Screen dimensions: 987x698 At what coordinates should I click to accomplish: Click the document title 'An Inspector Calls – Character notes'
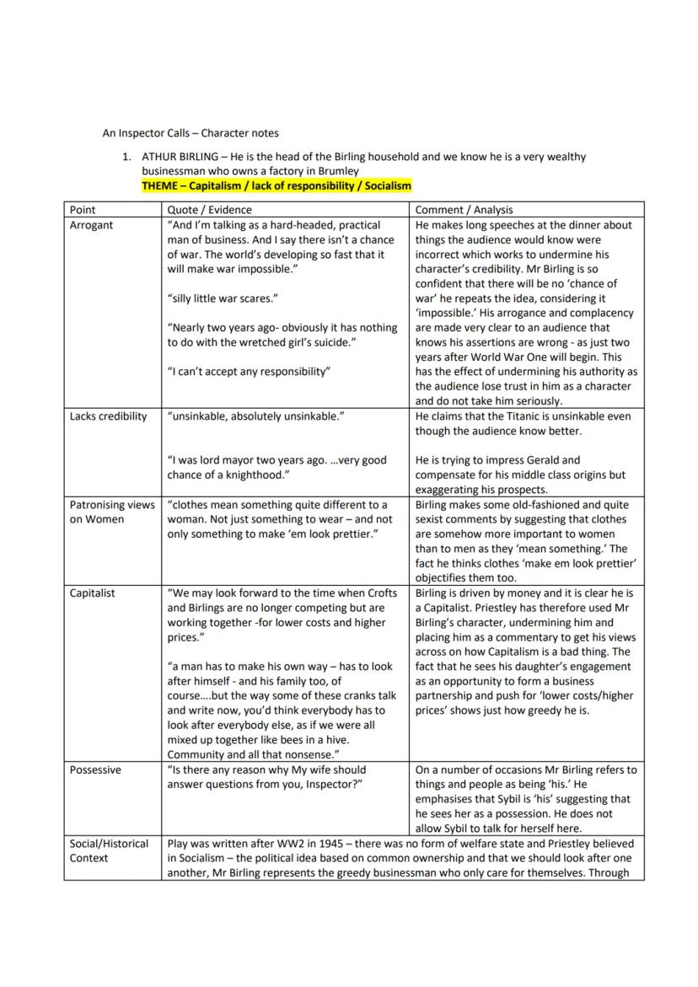pos(191,132)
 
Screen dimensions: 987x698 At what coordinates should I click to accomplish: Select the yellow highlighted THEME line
pos(277,185)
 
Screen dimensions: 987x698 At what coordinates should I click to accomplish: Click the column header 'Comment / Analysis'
pos(464,210)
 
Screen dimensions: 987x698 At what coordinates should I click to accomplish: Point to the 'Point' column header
pos(83,210)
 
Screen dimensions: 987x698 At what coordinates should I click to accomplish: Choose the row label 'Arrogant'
pos(91,225)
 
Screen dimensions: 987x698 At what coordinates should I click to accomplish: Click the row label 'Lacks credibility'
pos(108,416)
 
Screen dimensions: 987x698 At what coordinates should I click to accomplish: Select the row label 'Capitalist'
pos(93,593)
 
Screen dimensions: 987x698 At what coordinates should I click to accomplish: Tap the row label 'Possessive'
pos(95,770)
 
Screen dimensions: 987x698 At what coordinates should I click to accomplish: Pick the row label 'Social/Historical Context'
pos(109,850)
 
